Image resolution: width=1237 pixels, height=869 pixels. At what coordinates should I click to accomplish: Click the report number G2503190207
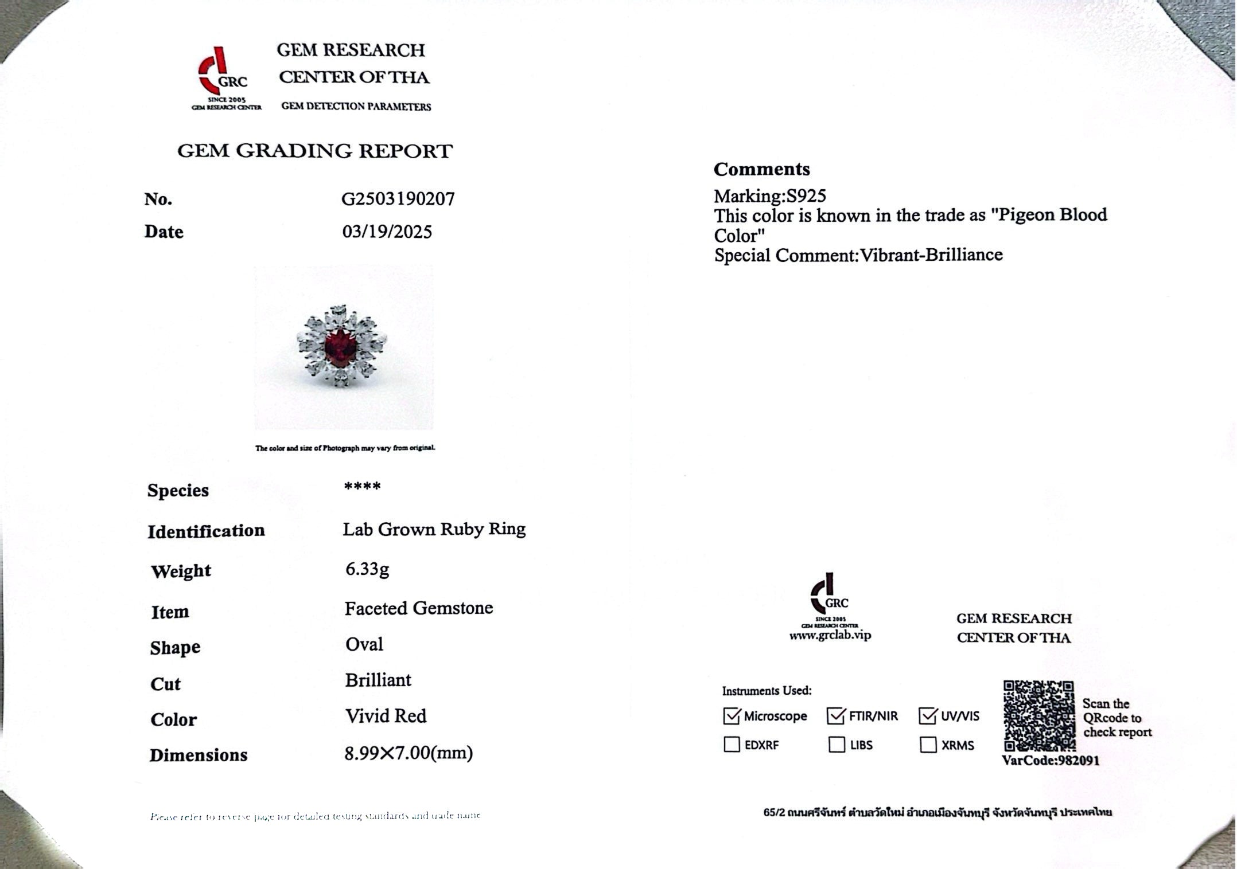click(x=398, y=199)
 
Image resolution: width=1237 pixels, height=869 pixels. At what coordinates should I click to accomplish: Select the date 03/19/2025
click(x=387, y=232)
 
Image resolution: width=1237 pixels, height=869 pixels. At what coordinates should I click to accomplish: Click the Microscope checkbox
click(x=732, y=715)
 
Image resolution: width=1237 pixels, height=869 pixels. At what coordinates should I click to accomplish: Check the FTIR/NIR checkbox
click(x=836, y=715)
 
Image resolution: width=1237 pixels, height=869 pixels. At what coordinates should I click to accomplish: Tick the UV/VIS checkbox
click(x=928, y=715)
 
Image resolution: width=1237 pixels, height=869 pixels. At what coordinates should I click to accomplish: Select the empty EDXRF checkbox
click(x=732, y=745)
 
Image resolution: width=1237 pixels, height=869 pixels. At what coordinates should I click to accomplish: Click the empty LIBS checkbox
click(x=837, y=745)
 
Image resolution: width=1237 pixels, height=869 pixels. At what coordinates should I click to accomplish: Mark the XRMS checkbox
click(x=928, y=745)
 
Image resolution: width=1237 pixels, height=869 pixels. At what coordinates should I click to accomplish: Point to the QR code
click(x=1038, y=715)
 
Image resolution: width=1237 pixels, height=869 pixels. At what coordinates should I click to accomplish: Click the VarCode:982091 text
click(x=1051, y=761)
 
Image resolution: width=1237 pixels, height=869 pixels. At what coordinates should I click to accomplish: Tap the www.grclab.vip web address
click(x=830, y=635)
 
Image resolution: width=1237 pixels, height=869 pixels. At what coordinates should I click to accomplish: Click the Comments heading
click(x=761, y=169)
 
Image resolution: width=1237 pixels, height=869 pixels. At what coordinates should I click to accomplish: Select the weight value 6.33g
click(x=367, y=569)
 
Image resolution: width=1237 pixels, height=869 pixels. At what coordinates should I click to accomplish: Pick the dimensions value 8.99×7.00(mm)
click(x=409, y=753)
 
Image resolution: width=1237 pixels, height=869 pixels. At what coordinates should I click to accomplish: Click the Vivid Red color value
click(x=386, y=716)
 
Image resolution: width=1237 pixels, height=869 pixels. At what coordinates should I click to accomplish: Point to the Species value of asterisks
click(x=362, y=487)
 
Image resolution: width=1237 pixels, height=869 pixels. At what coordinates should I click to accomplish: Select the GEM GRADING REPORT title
click(x=314, y=151)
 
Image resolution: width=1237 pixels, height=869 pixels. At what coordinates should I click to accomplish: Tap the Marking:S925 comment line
click(x=769, y=196)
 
